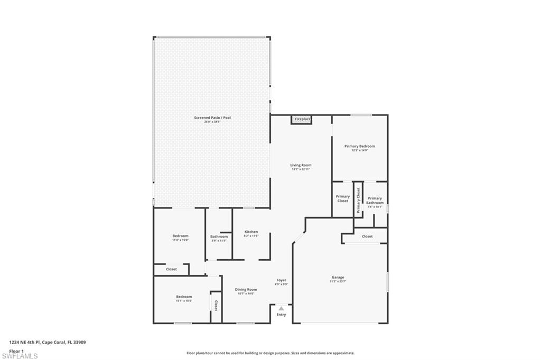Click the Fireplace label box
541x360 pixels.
coord(302,119)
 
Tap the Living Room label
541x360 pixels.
coord(301,165)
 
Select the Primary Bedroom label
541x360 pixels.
coord(359,146)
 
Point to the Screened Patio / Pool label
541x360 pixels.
coord(212,118)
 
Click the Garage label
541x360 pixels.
coord(338,277)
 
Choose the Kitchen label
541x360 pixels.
coord(251,232)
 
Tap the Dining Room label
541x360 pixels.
coord(246,289)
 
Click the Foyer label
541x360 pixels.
coord(281,280)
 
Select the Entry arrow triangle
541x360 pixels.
coord(281,308)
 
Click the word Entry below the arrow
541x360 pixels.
coord(281,315)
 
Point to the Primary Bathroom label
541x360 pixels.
coord(375,201)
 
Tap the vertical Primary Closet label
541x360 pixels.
coord(358,200)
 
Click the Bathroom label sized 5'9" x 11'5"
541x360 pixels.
coord(219,236)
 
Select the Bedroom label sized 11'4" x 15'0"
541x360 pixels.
coord(180,236)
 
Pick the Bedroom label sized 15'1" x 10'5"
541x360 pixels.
coord(184,297)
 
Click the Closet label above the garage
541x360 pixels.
coord(367,236)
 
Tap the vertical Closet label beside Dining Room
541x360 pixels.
coord(216,306)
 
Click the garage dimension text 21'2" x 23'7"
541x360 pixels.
coord(338,281)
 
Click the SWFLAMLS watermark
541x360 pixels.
coord(20,356)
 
